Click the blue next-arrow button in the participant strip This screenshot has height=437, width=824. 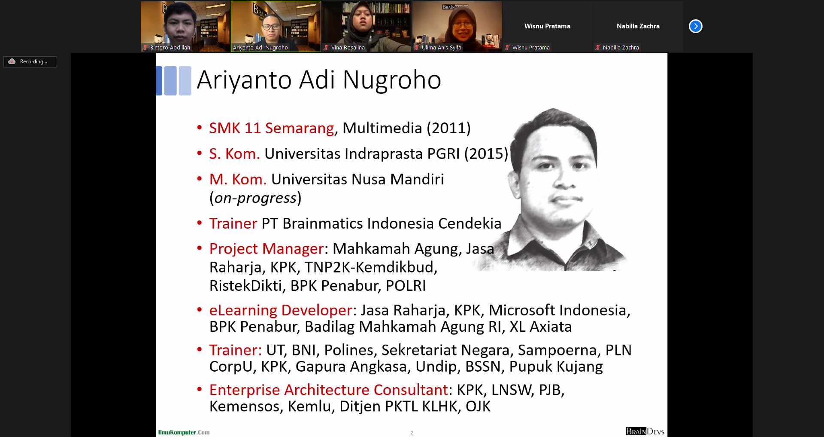pos(695,26)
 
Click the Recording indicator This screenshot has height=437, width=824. pos(30,61)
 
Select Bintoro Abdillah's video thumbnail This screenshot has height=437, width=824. pos(185,26)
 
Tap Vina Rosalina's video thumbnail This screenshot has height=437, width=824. pos(366,26)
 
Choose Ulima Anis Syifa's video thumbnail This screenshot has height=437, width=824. pos(457,26)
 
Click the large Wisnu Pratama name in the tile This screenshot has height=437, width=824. pos(547,26)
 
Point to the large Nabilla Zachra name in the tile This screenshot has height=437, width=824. pos(638,26)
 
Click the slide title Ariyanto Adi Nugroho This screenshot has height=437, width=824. pos(319,80)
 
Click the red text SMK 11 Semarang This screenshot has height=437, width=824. pos(272,128)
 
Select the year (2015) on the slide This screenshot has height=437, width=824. pos(486,154)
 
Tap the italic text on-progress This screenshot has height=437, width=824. pos(256,198)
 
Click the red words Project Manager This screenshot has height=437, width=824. pos(267,249)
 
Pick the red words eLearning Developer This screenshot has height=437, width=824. pos(281,310)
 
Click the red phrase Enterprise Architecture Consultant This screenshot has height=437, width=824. pos(329,390)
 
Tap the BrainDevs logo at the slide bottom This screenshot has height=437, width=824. pos(645,431)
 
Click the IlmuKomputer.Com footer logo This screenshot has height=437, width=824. pos(184,432)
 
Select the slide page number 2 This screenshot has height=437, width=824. pos(412,433)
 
